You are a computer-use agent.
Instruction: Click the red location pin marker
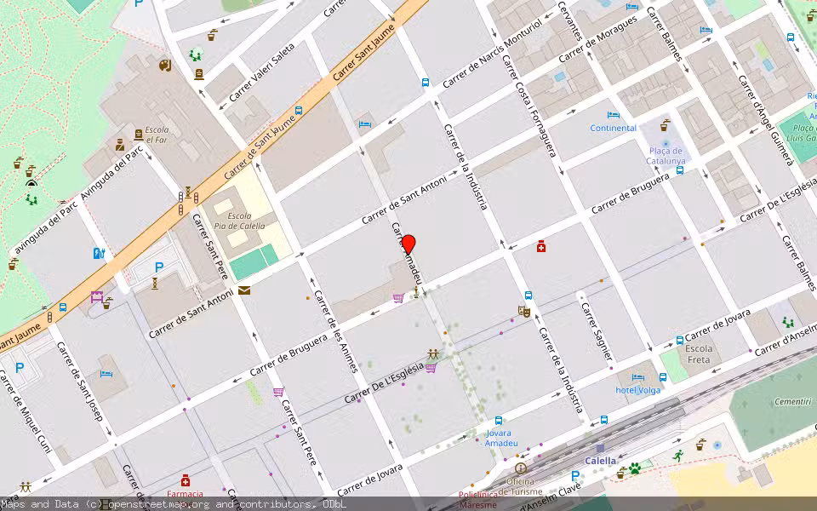click(408, 244)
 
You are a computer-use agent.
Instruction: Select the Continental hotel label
click(614, 129)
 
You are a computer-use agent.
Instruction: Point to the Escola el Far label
click(157, 135)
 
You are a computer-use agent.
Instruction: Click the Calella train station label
click(600, 461)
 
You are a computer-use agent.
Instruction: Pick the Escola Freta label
click(699, 354)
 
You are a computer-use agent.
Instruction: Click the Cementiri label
click(791, 401)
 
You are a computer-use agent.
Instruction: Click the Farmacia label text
click(185, 494)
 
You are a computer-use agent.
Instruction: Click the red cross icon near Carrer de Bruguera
click(540, 247)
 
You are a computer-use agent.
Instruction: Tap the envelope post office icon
click(244, 290)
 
